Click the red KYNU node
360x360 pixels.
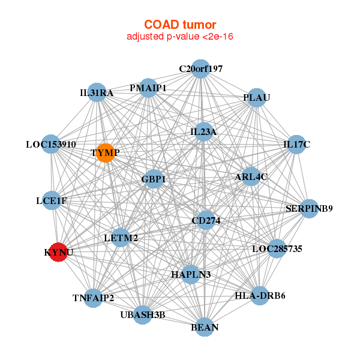[58, 252]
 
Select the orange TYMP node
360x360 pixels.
[106, 153]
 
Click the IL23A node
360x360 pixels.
[203, 132]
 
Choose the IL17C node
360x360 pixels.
[296, 144]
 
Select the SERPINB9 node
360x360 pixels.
[309, 209]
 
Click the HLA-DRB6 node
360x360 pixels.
[260, 295]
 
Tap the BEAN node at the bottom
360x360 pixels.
[205, 327]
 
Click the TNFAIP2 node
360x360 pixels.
[93, 298]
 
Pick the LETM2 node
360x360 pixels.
[121, 238]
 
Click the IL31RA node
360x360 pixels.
[97, 93]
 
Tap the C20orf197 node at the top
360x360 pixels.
[201, 69]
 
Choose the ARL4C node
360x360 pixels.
[251, 176]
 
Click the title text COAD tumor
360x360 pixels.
[180, 25]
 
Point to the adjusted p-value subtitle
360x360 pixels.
[180, 37]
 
